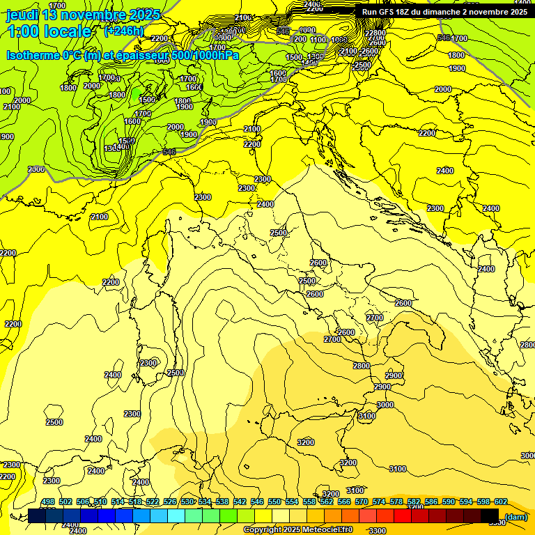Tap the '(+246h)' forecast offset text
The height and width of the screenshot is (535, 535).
(123, 31)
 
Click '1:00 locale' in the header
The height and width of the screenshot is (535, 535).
(49, 31)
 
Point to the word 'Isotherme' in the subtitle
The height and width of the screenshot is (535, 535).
(34, 55)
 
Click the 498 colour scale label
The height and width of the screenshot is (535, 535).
(47, 502)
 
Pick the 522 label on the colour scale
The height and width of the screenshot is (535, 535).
(153, 502)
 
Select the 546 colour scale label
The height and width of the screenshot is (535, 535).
(257, 502)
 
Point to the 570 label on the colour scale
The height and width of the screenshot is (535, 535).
(362, 502)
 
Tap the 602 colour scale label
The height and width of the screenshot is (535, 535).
(500, 502)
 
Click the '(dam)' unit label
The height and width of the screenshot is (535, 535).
(515, 516)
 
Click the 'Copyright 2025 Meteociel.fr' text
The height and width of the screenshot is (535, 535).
(298, 529)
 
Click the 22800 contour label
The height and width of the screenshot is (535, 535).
(375, 33)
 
